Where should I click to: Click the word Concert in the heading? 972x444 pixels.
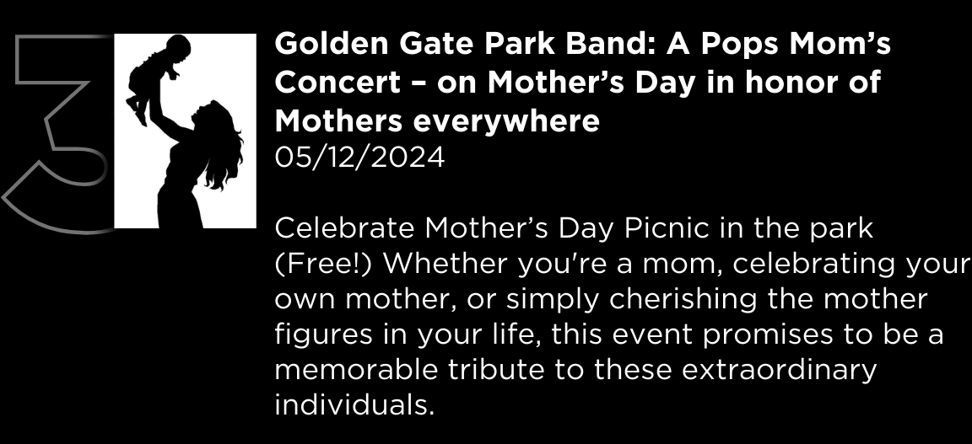tap(337, 83)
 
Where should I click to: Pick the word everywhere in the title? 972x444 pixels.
tap(506, 121)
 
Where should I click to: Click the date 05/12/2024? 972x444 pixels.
tap(359, 158)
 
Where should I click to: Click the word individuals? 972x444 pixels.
tap(354, 405)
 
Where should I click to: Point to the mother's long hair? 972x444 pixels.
tap(222, 148)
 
